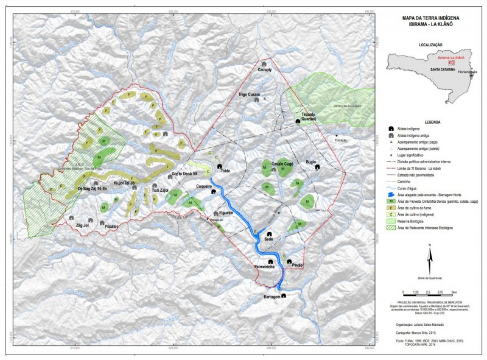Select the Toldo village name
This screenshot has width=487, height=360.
pos(226,171)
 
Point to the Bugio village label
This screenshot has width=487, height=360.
pos(311,163)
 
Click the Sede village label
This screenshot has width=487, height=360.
pos(268,239)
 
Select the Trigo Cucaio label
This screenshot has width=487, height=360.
pos(249,95)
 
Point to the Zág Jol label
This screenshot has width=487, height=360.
pos(82,225)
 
